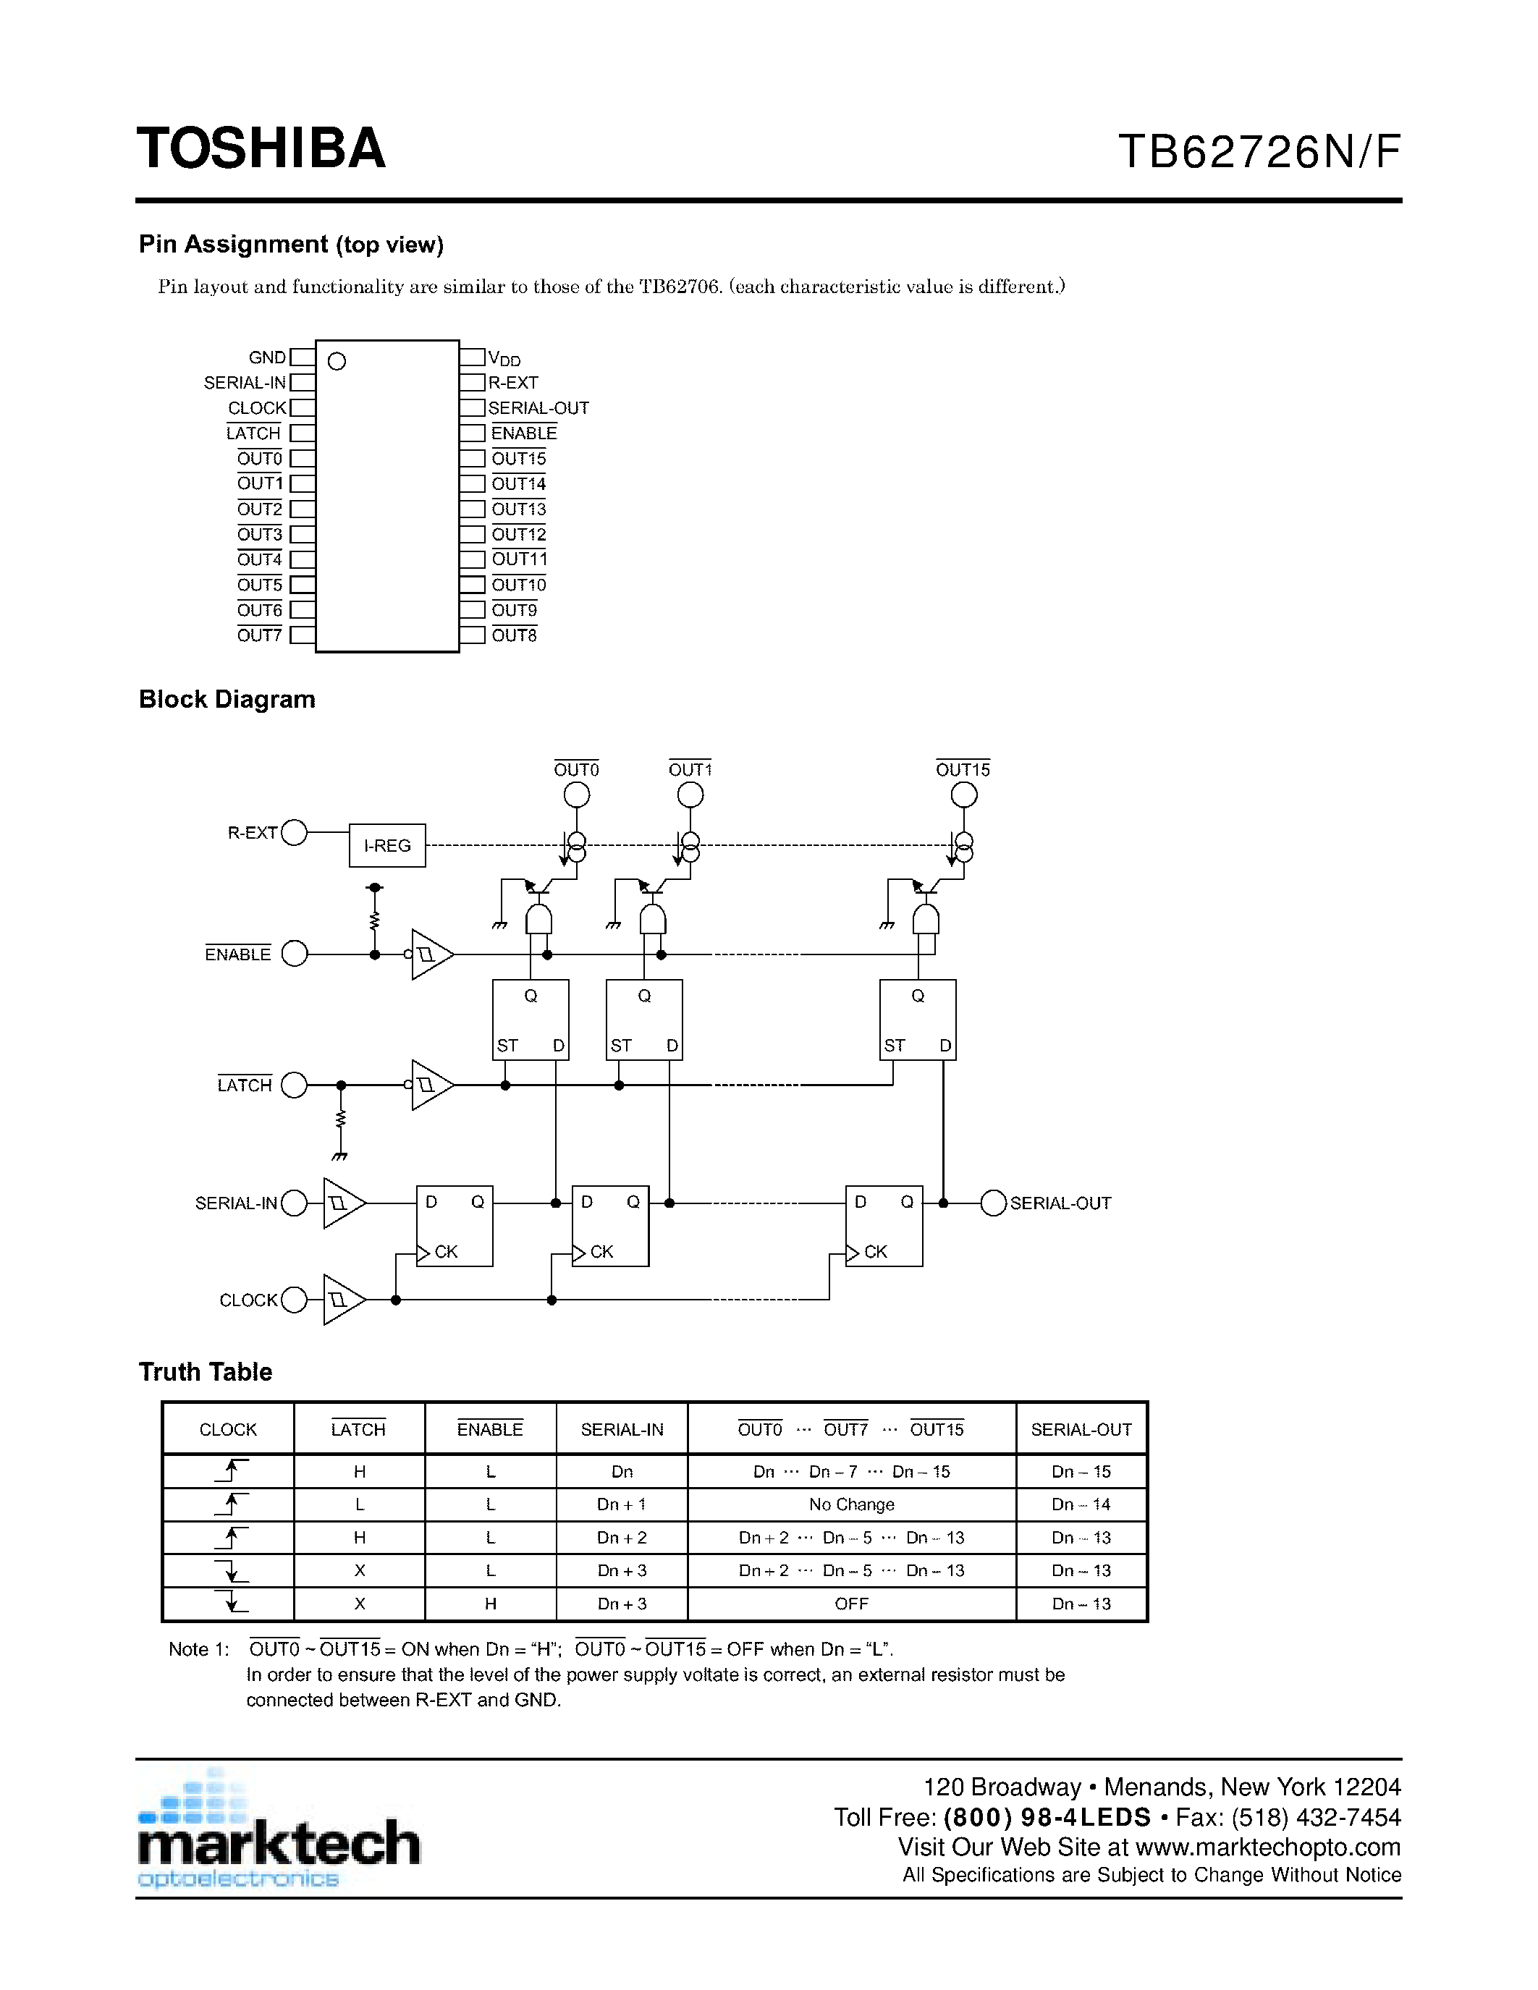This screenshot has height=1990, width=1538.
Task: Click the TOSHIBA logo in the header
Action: [x=261, y=148]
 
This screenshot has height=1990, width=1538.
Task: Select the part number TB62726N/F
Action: [x=1259, y=152]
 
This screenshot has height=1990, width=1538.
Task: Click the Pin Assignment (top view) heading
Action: [x=291, y=244]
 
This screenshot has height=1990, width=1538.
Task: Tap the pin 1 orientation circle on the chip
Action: [x=337, y=362]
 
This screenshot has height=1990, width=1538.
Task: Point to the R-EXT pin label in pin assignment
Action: [x=513, y=383]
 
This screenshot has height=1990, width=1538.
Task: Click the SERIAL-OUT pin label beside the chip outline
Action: [x=538, y=408]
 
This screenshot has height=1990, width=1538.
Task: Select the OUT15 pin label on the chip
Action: [x=518, y=458]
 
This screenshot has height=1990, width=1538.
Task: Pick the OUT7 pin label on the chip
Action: [x=260, y=635]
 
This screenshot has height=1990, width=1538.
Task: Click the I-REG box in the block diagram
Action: [x=387, y=845]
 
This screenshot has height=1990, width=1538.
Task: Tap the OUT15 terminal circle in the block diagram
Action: [x=963, y=795]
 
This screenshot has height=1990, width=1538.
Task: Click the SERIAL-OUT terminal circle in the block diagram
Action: [x=993, y=1203]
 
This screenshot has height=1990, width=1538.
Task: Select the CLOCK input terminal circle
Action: [x=293, y=1300]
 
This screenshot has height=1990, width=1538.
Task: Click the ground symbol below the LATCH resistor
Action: [x=340, y=1156]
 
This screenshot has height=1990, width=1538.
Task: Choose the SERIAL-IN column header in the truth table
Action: [x=622, y=1430]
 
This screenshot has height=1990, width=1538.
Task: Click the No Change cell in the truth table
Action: [x=851, y=1504]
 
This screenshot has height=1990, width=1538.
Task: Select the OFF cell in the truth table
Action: [x=851, y=1604]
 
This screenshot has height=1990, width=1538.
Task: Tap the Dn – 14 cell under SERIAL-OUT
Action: [x=1081, y=1504]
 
